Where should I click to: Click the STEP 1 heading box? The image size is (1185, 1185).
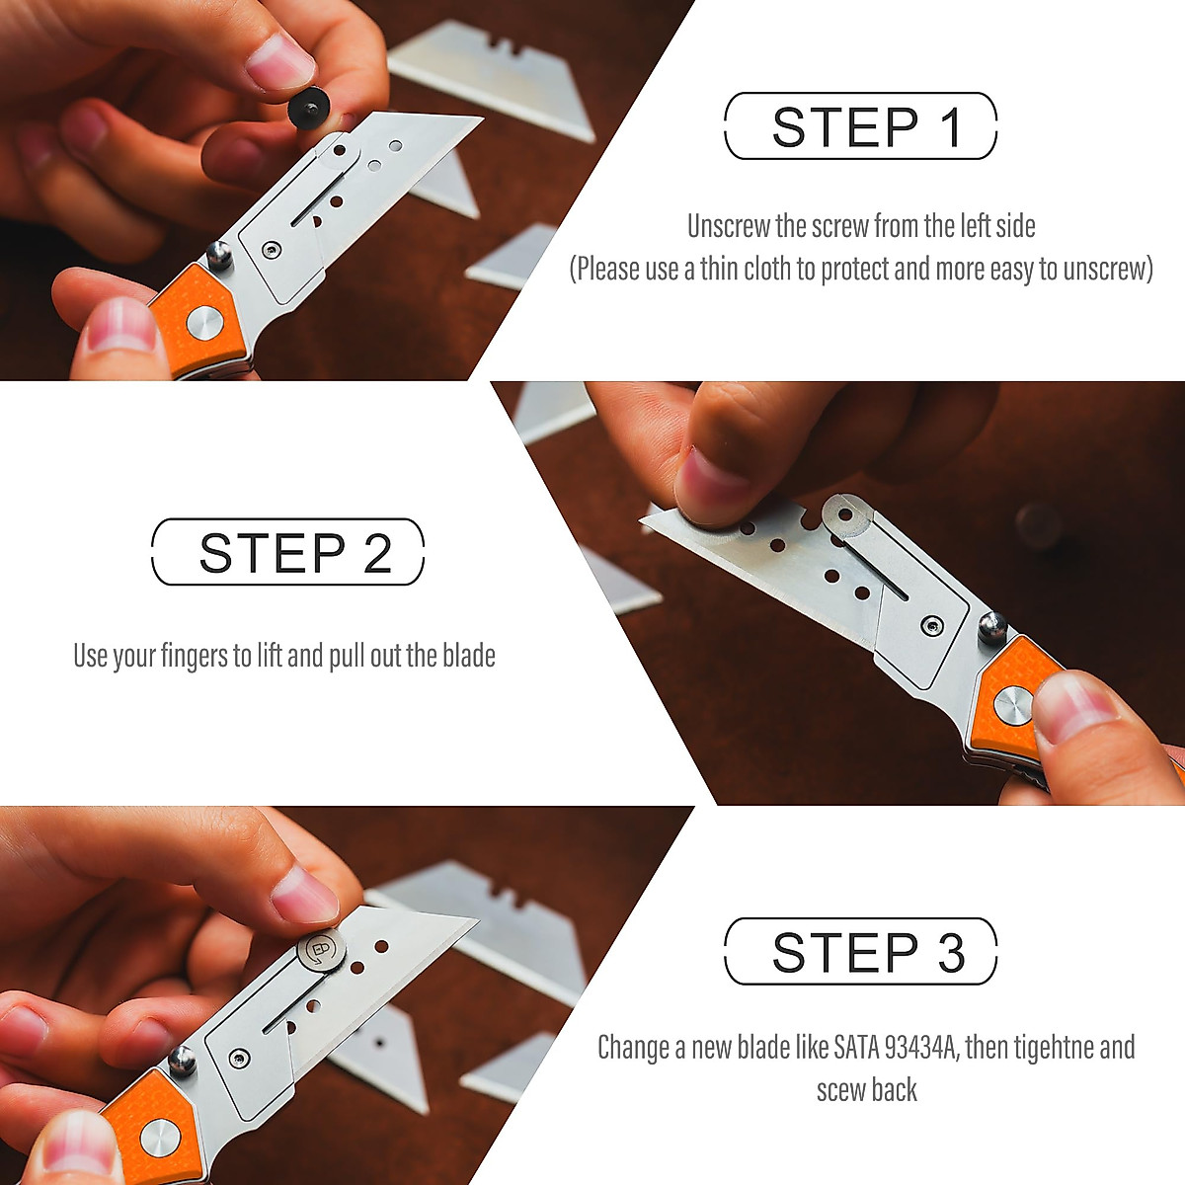coord(860,126)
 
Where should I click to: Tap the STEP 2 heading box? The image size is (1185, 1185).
coord(287,552)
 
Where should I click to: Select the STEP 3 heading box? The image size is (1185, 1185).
coord(860,952)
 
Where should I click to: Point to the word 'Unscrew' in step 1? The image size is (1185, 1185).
coord(729,226)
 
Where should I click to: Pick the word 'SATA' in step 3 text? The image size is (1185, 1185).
coord(857,1047)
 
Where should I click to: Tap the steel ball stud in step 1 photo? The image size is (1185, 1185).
coord(219,256)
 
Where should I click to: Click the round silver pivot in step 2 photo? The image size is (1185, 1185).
coord(1012,706)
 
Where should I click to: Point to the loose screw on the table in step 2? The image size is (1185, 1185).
coord(1039,524)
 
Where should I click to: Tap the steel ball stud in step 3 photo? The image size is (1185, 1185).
coord(183,1064)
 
